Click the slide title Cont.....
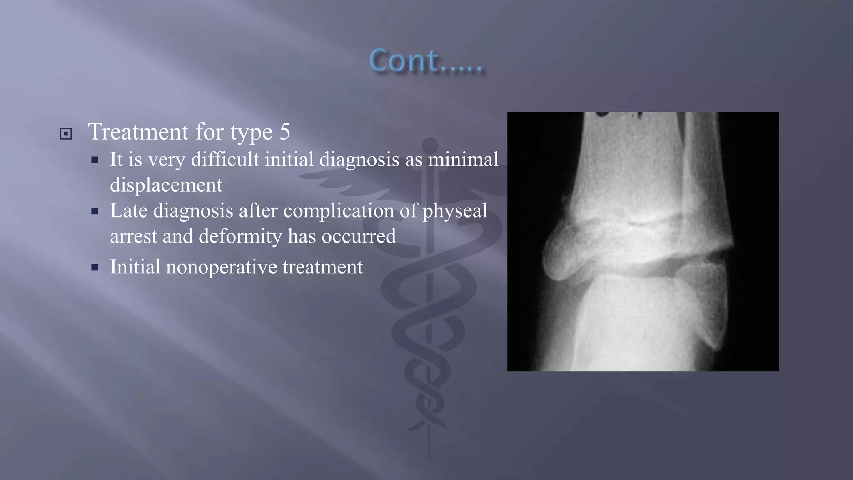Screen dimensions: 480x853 (426, 61)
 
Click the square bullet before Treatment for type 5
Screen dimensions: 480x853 (66, 134)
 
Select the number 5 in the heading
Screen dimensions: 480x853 (285, 132)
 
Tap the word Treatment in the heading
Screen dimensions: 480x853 (138, 132)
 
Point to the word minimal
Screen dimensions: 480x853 (463, 159)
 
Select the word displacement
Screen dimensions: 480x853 (166, 185)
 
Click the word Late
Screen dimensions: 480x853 (129, 210)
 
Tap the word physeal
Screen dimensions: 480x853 (455, 211)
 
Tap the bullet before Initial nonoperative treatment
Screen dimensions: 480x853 (95, 267)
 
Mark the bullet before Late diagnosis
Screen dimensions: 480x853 (95, 211)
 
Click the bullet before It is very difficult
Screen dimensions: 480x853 (95, 160)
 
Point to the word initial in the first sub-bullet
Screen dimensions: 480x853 (289, 159)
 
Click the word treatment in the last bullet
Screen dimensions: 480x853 (323, 267)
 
